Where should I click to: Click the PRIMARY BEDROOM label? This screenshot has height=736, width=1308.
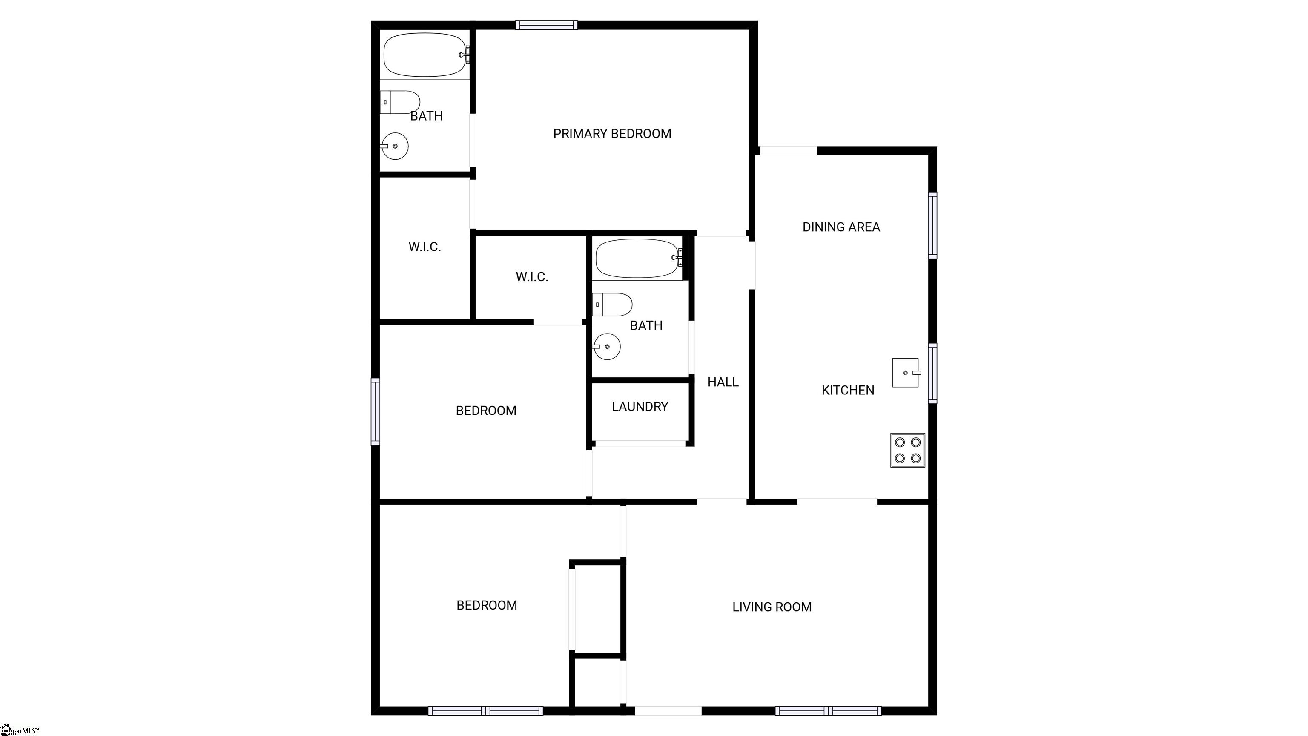click(x=612, y=134)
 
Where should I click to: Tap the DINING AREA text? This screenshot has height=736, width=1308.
click(x=841, y=227)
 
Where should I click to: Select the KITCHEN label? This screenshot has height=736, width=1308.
click(x=848, y=390)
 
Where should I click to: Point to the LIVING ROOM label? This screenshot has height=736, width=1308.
click(x=772, y=607)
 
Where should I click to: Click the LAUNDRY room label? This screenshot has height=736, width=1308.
click(x=640, y=406)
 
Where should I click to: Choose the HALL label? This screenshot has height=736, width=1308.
click(x=723, y=382)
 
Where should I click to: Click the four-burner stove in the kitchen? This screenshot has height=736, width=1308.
click(x=907, y=450)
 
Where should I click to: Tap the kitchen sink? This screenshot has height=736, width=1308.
click(x=906, y=373)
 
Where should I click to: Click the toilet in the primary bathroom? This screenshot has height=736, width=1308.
click(x=400, y=102)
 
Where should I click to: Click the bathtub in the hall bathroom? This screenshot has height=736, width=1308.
click(x=638, y=258)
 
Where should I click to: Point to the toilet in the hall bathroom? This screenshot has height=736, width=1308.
click(x=612, y=304)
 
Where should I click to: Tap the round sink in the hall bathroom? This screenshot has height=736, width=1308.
click(x=607, y=346)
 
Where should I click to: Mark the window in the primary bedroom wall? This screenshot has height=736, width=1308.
click(x=546, y=25)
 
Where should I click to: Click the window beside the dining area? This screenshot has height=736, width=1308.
click(x=933, y=225)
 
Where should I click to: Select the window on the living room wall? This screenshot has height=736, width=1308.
click(x=828, y=710)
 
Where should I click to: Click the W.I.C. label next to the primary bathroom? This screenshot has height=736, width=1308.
click(x=425, y=247)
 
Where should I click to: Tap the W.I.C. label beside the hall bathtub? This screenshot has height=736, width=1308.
click(x=532, y=277)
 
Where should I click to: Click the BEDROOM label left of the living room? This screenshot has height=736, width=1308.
click(x=486, y=605)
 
